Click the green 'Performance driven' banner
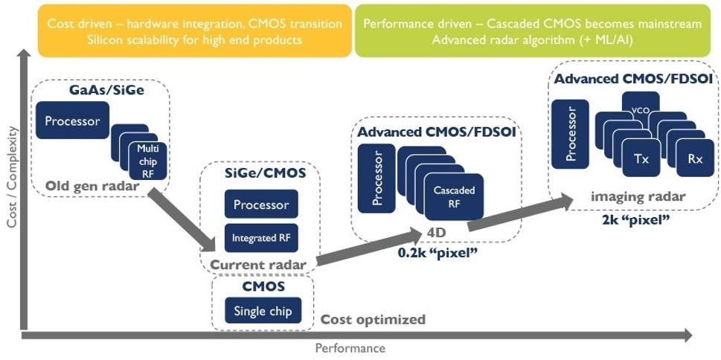coord(532,30)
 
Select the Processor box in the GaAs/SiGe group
coord(72,122)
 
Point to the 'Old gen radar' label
coord(92,186)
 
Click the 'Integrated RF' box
coord(260,238)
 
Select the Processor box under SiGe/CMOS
coord(260,205)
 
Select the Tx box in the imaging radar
coord(641,158)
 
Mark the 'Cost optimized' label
coord(373,319)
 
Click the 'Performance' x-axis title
coord(350,348)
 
